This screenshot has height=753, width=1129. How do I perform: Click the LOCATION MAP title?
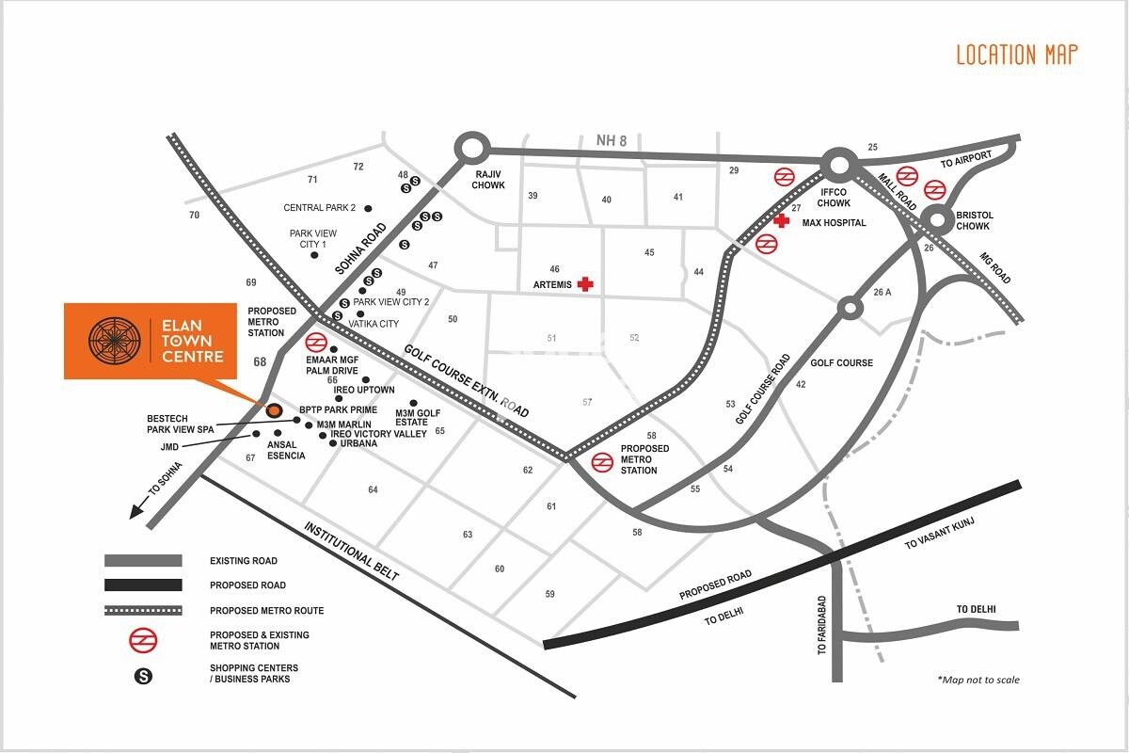[1016, 55]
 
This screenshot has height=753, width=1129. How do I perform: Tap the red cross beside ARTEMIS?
[586, 283]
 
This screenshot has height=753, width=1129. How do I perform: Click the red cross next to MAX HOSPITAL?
[781, 220]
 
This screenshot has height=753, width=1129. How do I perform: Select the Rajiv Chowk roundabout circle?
[471, 149]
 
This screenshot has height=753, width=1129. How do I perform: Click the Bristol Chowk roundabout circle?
[939, 222]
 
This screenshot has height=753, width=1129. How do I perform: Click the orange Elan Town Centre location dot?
[274, 410]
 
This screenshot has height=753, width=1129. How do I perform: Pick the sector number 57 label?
[587, 402]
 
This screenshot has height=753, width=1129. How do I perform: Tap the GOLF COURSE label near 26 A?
[841, 362]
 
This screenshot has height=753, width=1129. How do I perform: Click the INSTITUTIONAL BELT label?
[351, 551]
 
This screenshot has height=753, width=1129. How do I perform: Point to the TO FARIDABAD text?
[821, 624]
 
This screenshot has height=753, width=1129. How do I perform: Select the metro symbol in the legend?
[143, 640]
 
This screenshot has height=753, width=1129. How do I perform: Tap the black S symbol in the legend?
[143, 674]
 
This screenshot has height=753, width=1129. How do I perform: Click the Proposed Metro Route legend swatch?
[143, 610]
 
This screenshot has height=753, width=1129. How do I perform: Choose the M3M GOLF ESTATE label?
[419, 418]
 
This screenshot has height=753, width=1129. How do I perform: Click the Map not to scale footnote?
[978, 680]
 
